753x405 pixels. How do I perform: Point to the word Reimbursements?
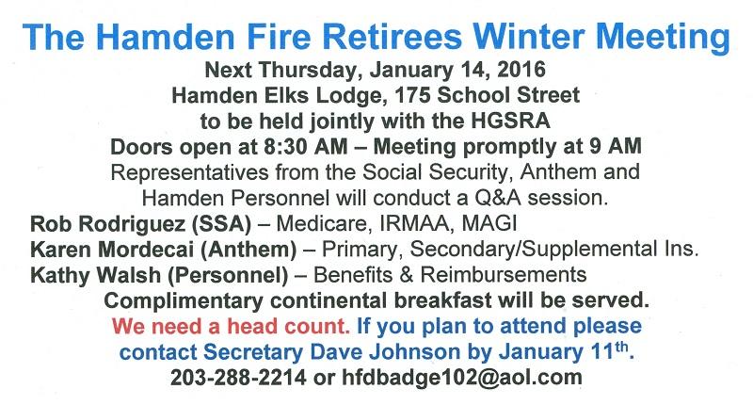[x=504, y=275]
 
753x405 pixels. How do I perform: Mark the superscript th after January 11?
[x=622, y=347]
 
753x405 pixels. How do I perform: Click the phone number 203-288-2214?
[x=238, y=378]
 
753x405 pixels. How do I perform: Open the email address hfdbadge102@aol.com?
[x=462, y=378]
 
